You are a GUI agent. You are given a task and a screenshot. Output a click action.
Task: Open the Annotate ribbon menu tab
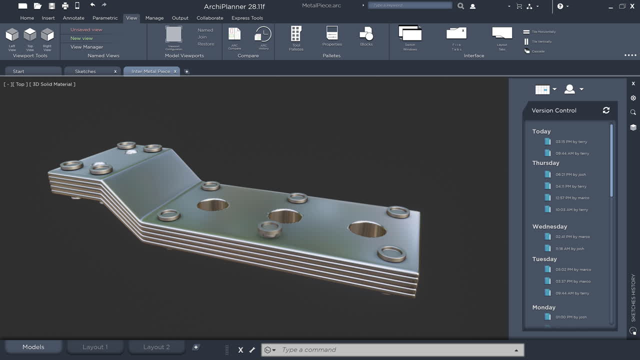point(73,18)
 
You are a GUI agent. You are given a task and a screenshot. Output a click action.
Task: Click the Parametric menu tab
point(105,18)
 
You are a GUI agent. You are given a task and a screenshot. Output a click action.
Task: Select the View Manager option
point(86,47)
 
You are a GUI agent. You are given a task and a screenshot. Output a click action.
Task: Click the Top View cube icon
point(30,35)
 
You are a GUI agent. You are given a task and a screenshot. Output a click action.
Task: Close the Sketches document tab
point(115,71)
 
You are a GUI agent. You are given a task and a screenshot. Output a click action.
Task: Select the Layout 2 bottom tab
point(156,347)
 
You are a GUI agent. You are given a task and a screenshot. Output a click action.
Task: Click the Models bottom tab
point(33,347)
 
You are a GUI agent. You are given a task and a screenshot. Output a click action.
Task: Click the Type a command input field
point(395,350)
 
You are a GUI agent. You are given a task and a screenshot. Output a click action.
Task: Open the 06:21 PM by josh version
point(570,174)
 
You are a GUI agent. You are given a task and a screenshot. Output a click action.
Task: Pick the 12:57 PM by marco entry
point(572,198)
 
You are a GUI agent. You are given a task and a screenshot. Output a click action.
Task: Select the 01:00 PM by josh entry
point(570,317)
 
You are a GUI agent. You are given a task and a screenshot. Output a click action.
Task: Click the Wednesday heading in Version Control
point(549,226)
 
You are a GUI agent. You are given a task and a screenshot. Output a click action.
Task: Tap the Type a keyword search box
point(410,5)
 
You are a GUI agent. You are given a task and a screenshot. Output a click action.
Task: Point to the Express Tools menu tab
point(247,18)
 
